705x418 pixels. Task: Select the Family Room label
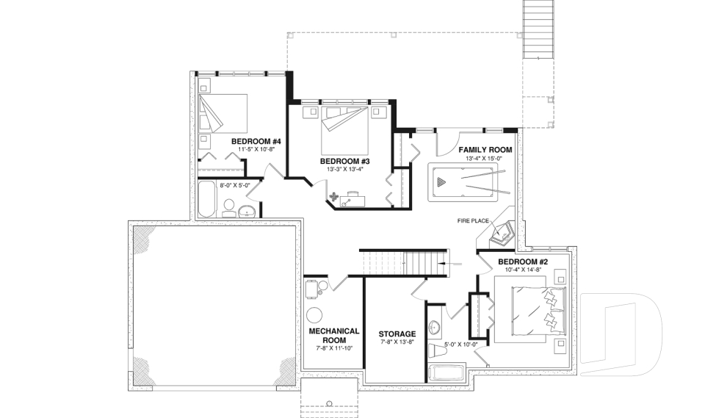pos(485,150)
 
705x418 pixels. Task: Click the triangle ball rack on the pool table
pos(441,181)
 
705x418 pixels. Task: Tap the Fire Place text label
pos(473,221)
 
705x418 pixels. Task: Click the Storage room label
pos(397,334)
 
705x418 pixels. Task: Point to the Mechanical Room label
pos(334,336)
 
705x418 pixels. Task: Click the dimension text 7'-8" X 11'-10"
pos(334,348)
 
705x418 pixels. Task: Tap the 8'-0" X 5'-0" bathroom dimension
pos(235,185)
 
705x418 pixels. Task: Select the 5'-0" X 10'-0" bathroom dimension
pos(461,345)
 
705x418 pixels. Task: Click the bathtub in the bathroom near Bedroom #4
pos(207,199)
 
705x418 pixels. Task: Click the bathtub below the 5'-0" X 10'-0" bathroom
pos(447,373)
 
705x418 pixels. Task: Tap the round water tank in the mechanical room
pos(314,314)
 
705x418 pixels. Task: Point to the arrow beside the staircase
pos(450,264)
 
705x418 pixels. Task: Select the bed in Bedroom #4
pos(223,113)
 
